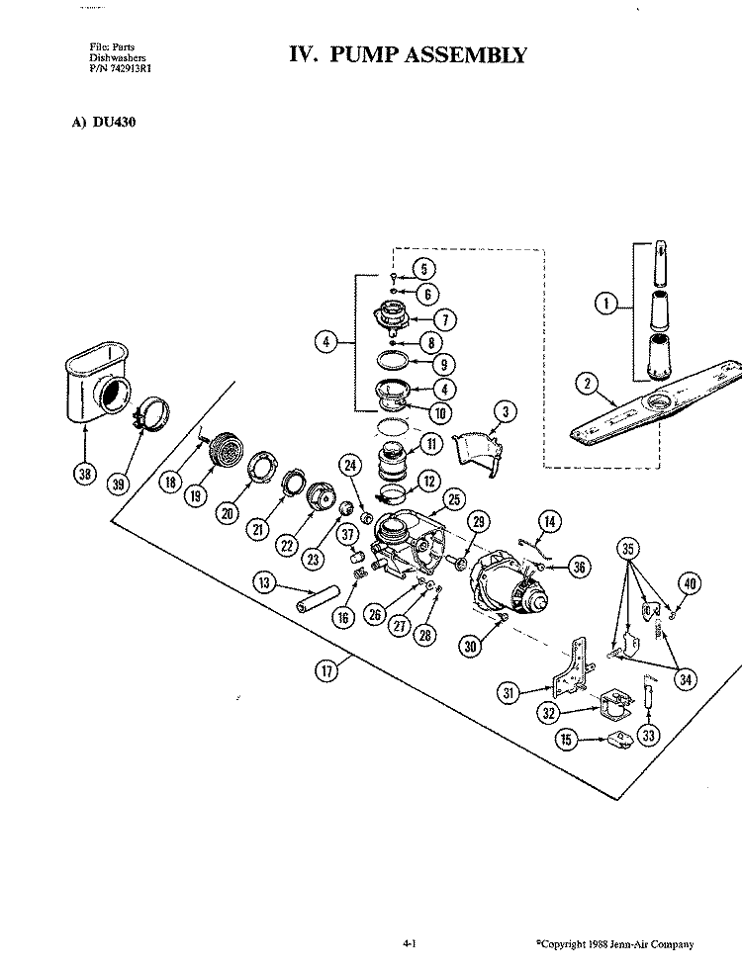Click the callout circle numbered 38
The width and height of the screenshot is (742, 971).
tap(85, 475)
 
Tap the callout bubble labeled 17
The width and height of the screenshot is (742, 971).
tap(326, 670)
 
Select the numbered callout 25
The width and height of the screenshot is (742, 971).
tap(454, 499)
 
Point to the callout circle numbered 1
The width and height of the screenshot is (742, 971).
tap(606, 304)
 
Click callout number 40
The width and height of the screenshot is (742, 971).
tap(690, 583)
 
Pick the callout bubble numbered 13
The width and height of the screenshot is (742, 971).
tap(264, 582)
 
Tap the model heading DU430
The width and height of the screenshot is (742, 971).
tap(114, 122)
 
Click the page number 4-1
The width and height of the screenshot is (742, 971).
tap(410, 943)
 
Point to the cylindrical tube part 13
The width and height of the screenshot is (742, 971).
tap(318, 599)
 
